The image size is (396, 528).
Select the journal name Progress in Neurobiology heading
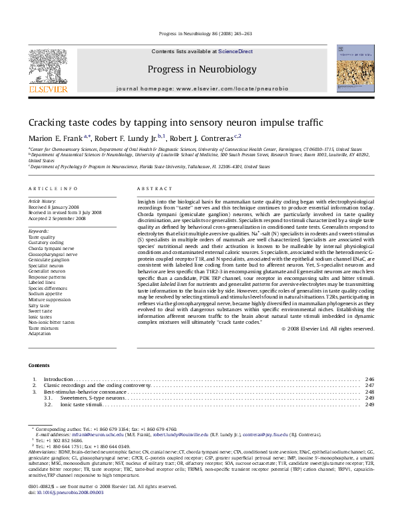pyautogui.click(x=201, y=69)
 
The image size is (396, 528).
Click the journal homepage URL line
pyautogui.click(x=201, y=88)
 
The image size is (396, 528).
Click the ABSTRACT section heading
pyautogui.click(x=152, y=190)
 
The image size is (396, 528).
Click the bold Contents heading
pyautogui.click(x=39, y=366)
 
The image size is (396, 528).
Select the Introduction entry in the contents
pyautogui.click(x=58, y=379)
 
